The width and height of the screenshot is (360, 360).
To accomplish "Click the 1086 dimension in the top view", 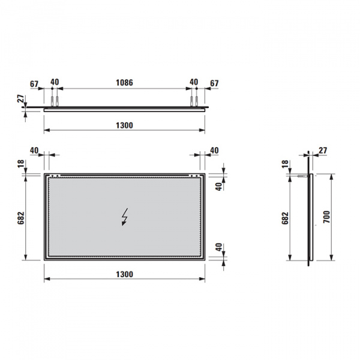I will [x=124, y=82].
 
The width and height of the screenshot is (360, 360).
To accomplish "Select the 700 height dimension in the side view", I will [x=326, y=217].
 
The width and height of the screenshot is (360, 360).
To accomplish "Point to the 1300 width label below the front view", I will [x=124, y=274].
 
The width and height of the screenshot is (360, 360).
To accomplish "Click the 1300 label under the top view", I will [x=124, y=125].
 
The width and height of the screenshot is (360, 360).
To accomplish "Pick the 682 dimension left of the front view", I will [x=22, y=217].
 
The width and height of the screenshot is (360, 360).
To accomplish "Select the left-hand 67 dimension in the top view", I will [x=34, y=82].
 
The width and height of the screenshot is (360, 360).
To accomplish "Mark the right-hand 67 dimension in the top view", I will [x=214, y=82].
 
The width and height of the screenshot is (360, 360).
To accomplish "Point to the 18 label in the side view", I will [x=286, y=164].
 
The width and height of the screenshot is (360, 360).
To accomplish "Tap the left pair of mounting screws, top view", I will [x=55, y=100].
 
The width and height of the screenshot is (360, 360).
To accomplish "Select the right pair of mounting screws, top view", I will [x=194, y=100].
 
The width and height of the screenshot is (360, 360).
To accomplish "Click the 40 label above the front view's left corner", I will [x=34, y=149].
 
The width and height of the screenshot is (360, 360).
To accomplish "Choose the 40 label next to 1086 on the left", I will [x=55, y=82].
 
